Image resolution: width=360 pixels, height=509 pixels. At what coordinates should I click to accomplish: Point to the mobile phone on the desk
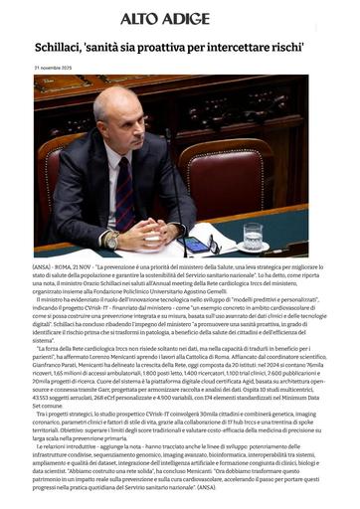(x=196, y=244)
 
